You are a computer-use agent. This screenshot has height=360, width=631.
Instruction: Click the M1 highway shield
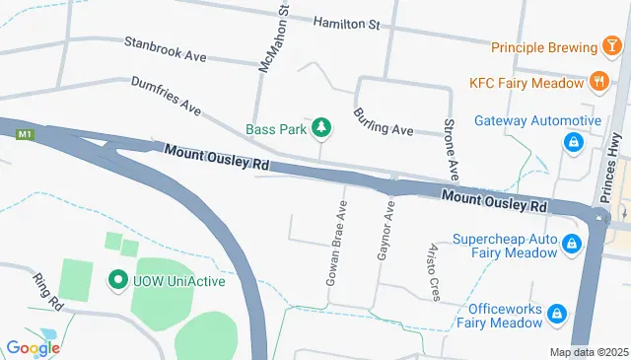(x=27, y=134)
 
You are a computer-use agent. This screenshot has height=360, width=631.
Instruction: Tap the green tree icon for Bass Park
(x=321, y=127)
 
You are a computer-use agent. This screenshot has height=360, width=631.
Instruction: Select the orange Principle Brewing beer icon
(x=612, y=47)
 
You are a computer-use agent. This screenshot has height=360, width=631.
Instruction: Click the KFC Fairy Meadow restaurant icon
(x=597, y=83)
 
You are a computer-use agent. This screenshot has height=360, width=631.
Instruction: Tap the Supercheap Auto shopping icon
(x=571, y=245)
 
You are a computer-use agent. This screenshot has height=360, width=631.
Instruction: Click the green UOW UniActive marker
(x=117, y=281)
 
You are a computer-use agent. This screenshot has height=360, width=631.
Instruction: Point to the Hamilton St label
(x=346, y=22)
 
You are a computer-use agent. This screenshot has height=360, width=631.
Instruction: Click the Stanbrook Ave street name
(x=165, y=49)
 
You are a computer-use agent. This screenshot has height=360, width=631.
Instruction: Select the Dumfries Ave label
(x=166, y=95)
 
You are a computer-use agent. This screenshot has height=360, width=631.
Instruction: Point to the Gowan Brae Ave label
(x=336, y=245)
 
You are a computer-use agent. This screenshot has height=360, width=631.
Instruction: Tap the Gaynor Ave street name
(x=386, y=233)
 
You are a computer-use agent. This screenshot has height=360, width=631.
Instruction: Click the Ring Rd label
(x=47, y=292)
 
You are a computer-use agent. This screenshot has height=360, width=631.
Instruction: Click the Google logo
(x=33, y=346)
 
